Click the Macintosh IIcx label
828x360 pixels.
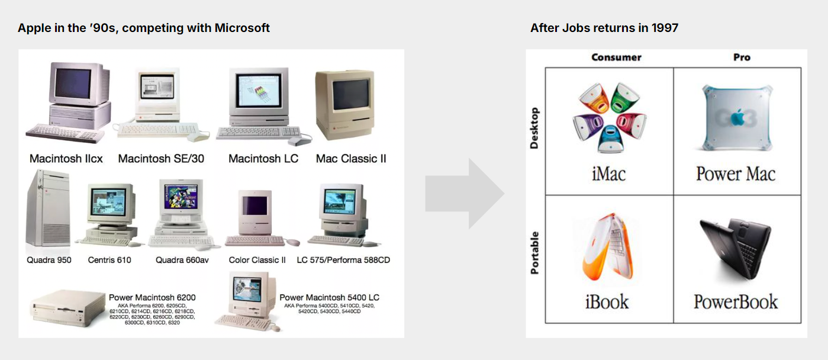click(x=66, y=159)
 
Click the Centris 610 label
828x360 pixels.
click(x=109, y=260)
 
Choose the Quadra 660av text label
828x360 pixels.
click(x=182, y=260)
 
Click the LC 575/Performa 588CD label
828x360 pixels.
click(x=343, y=260)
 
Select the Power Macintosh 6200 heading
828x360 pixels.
click(x=152, y=297)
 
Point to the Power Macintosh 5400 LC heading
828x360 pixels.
click(x=329, y=297)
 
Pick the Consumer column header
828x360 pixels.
click(x=616, y=57)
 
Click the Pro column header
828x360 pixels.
click(x=742, y=57)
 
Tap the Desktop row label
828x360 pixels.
click(x=534, y=128)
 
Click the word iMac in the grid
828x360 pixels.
click(x=608, y=174)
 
